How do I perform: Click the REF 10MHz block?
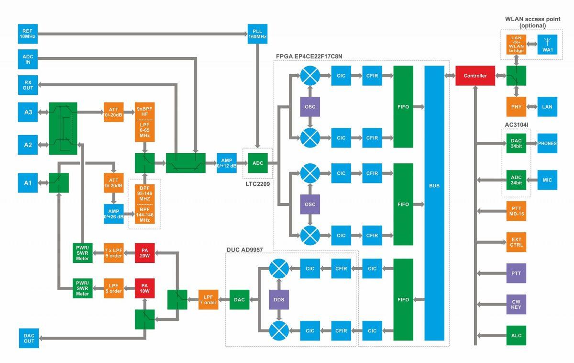coord(27,34)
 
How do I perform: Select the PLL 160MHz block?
coord(257,34)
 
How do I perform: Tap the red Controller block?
coord(475,76)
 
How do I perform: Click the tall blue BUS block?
coord(434,185)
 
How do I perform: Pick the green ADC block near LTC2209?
coord(257,163)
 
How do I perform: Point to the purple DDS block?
coord(279,299)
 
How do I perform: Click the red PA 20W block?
coord(144,252)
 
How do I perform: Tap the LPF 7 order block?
coord(208,299)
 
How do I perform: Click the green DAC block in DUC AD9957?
coord(240,299)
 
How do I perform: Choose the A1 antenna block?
coord(28,182)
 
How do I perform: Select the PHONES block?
coord(547,143)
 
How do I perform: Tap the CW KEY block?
coord(516,304)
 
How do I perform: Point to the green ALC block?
coord(516,335)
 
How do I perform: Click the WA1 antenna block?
coord(547,44)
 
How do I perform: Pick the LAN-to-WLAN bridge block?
coord(516,44)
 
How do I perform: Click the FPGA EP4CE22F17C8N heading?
coord(309,57)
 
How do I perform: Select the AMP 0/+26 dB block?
coord(113,214)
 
